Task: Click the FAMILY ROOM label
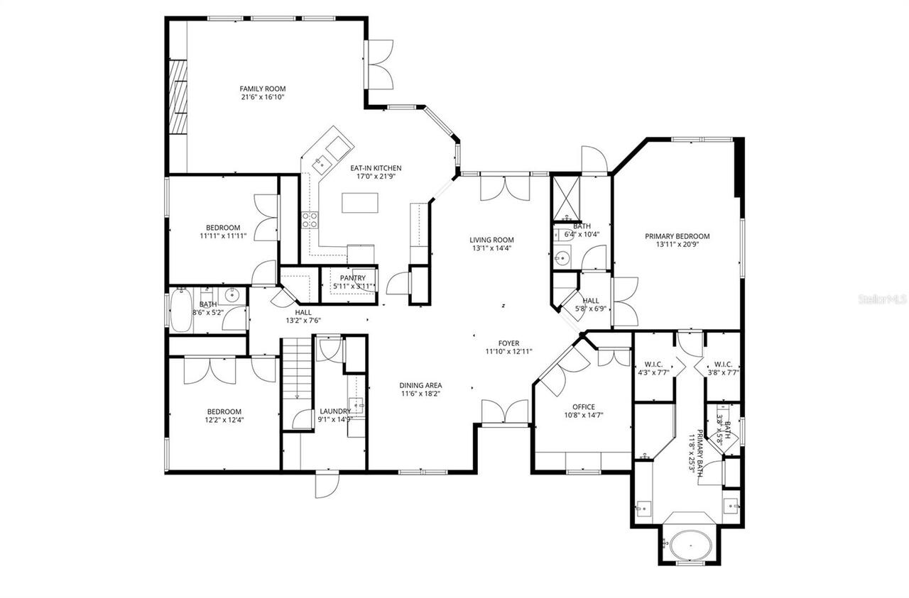(x=262, y=89)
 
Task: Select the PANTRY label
(x=352, y=278)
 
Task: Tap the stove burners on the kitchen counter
(x=310, y=220)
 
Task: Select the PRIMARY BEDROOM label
(x=677, y=237)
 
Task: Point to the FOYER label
(x=508, y=343)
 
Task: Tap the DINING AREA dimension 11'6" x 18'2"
(x=420, y=394)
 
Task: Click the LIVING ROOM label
(x=491, y=240)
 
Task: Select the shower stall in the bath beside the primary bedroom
(x=567, y=196)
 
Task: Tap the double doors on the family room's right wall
(x=380, y=63)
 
